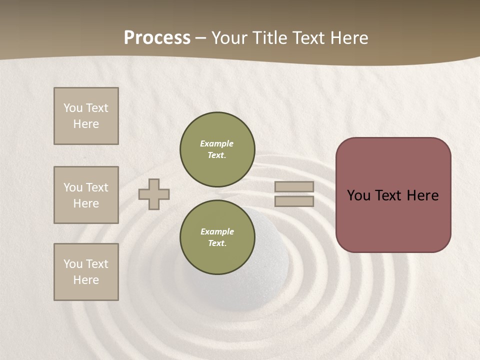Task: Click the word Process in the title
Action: (157, 37)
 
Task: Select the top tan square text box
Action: (86, 116)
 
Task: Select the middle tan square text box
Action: (86, 195)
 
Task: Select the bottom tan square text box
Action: (86, 272)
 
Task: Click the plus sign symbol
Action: (154, 194)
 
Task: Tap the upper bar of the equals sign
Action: (294, 187)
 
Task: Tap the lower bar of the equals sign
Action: (294, 201)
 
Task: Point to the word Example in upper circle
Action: (217, 143)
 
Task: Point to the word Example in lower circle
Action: (217, 231)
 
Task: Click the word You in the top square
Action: (73, 108)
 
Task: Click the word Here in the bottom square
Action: (86, 280)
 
